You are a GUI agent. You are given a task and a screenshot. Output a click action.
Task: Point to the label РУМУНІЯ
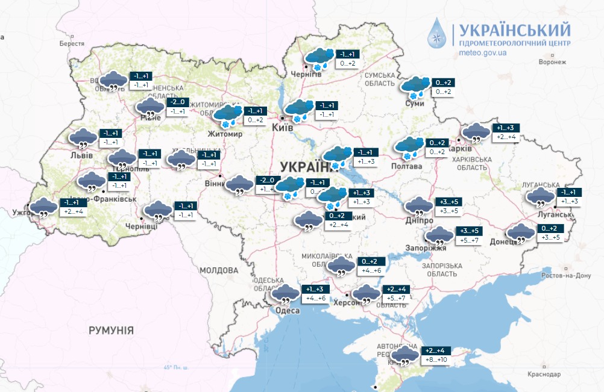tap(111, 330)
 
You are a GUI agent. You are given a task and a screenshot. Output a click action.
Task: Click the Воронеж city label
tap(553, 62)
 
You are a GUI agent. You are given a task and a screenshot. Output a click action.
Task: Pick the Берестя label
tap(72, 44)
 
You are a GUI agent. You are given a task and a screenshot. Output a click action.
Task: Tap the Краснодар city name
tap(544, 375)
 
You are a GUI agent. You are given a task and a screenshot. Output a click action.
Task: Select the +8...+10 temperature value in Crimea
tap(435, 360)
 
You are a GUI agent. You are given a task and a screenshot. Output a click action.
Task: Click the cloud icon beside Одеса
tap(285, 295)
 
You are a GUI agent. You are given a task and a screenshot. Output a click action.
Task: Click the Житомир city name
tap(224, 134)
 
